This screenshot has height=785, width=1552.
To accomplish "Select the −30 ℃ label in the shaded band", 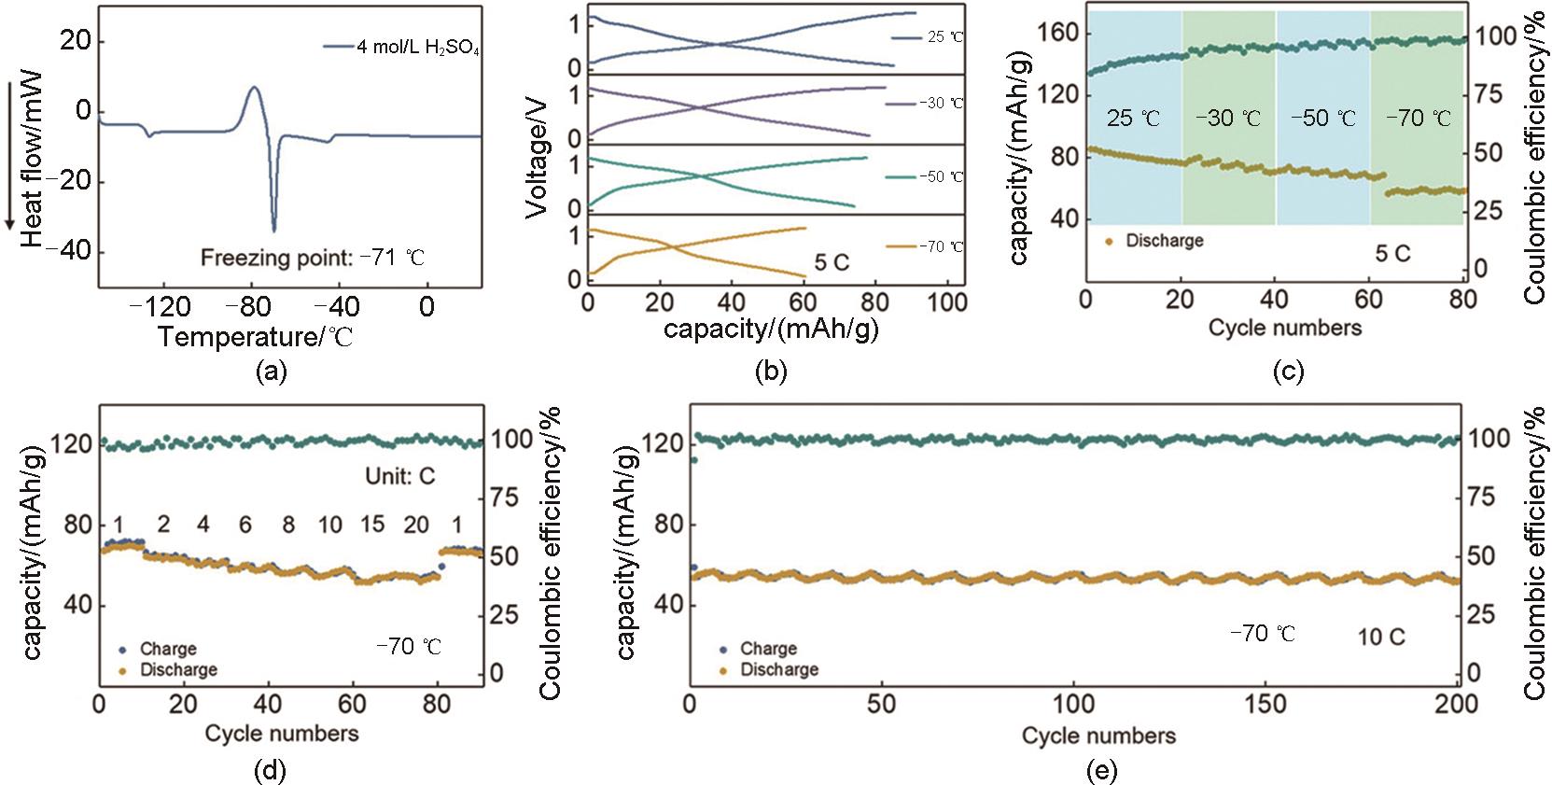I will pos(1229,119).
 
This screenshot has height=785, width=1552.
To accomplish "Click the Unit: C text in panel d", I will pos(399,476).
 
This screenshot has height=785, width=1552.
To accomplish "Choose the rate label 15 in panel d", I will pos(372,525).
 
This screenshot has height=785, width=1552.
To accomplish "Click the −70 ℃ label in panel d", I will pos(408,646).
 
